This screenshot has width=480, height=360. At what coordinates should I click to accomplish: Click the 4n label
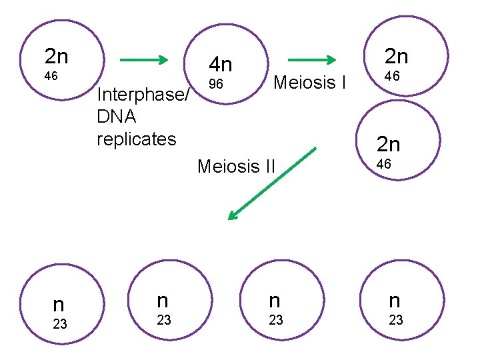[220, 65]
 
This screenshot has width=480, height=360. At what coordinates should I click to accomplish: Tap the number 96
[215, 85]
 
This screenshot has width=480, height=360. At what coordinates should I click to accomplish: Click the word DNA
[117, 117]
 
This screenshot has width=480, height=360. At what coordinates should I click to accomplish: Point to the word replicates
[137, 139]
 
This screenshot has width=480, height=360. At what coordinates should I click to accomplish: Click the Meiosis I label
[310, 83]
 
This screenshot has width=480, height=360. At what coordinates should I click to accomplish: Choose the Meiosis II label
[236, 165]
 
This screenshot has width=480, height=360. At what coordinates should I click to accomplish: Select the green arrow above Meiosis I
[310, 60]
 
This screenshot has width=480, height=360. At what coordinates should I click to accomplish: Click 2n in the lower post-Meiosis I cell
[389, 144]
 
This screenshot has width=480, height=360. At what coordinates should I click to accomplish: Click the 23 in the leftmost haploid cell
[60, 325]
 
